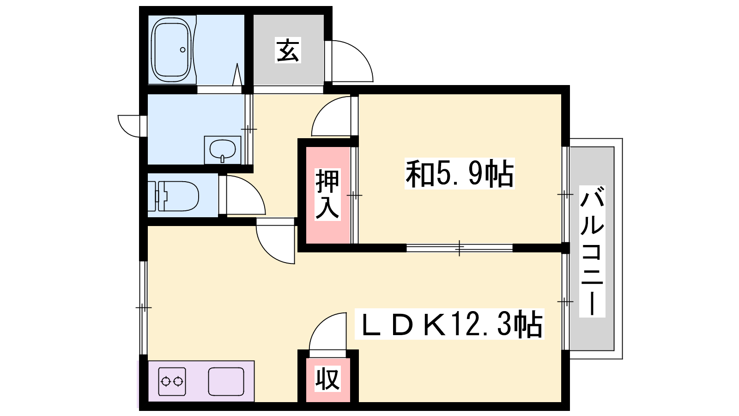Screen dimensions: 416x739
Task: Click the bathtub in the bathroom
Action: coord(171,50)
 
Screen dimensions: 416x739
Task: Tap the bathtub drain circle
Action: coord(182,49)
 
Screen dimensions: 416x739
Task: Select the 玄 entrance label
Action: coord(288,50)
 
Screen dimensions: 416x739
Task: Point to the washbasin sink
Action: coord(222,150)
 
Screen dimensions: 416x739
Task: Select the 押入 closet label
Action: coord(327,194)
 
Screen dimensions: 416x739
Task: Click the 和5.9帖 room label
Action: coord(459,174)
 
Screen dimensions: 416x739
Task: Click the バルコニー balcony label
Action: coord(592,251)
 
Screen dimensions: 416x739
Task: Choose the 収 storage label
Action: coord(327,379)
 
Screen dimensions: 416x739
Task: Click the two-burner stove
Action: coord(172,381)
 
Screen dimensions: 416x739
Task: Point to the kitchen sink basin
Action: coord(226,381)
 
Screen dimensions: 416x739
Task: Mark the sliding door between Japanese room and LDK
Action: coord(459,248)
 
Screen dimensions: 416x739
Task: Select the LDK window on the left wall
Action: coord(143,307)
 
